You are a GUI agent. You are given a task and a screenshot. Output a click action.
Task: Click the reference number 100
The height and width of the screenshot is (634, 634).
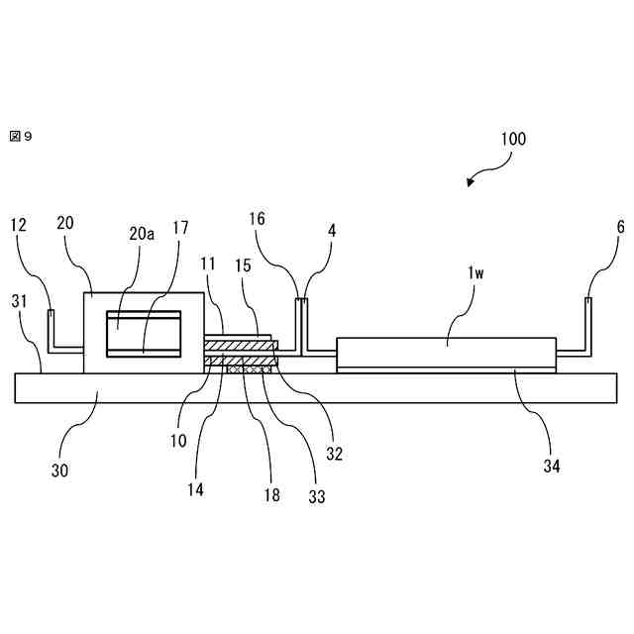512,140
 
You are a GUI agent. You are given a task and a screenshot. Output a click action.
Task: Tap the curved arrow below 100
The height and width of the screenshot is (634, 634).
482,174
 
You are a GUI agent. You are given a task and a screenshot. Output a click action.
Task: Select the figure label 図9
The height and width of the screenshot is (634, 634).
21,136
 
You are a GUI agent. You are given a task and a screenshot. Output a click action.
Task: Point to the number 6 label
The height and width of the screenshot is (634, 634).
620,227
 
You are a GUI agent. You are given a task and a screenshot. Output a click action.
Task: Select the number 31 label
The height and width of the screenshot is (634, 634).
20,301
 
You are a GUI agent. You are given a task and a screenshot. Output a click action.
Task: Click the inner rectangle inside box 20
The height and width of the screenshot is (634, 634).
144,333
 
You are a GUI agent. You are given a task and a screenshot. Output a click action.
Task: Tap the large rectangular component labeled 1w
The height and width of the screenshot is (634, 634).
447,355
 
